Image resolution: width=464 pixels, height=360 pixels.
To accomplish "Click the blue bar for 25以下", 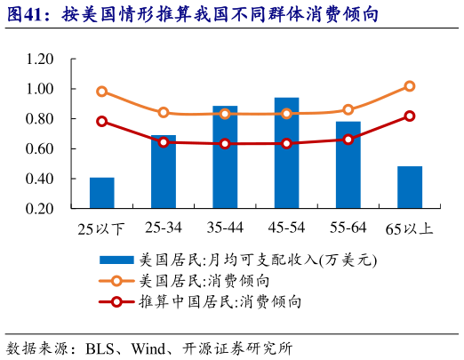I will click(x=101, y=193).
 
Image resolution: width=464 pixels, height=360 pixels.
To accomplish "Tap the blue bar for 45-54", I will click(x=286, y=153).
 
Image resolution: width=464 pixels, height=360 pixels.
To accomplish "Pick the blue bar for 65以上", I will click(x=410, y=187).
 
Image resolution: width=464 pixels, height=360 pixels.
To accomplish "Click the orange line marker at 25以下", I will click(x=101, y=92).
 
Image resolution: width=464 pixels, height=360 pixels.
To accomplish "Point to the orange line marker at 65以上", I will click(x=410, y=86).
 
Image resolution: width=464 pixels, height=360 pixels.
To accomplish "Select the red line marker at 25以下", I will click(x=101, y=121).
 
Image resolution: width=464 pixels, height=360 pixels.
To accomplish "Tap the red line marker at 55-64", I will click(x=348, y=140).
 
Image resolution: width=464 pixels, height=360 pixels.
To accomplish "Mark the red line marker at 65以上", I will click(x=410, y=116).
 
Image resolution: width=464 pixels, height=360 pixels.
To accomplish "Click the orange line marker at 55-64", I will click(x=348, y=109).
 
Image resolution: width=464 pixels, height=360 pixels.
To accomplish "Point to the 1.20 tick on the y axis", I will click(x=40, y=60).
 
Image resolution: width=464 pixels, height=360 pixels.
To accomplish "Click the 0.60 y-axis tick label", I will click(x=40, y=149).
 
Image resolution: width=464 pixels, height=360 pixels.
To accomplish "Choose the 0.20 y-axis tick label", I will click(x=40, y=209).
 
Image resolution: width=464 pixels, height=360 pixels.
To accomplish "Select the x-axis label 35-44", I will click(x=225, y=228).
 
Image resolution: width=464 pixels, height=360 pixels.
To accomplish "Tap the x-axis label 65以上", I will click(x=410, y=229).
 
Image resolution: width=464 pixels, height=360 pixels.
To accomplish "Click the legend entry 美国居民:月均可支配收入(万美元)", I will click(x=258, y=260).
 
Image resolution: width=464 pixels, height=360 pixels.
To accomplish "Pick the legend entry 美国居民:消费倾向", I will click(x=217, y=281).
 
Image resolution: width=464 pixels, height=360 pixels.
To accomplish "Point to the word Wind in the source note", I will click(x=150, y=348).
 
